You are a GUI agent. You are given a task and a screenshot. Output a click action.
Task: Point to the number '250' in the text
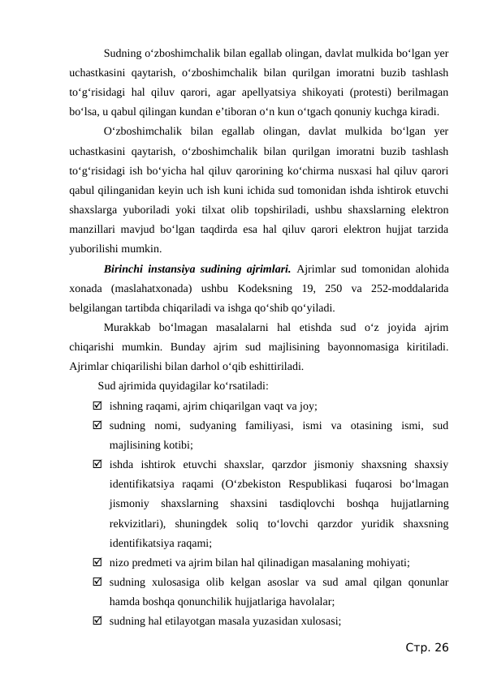coord(339,289)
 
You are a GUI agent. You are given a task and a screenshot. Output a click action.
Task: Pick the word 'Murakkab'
coord(129,328)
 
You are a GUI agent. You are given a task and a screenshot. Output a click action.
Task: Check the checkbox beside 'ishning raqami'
coord(97,406)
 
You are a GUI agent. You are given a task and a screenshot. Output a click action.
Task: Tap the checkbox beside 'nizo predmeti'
coord(97,562)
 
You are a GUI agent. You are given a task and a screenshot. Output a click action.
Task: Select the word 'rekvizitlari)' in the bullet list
coord(138,523)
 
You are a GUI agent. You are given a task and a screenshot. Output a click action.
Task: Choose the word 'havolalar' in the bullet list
coord(309,601)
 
